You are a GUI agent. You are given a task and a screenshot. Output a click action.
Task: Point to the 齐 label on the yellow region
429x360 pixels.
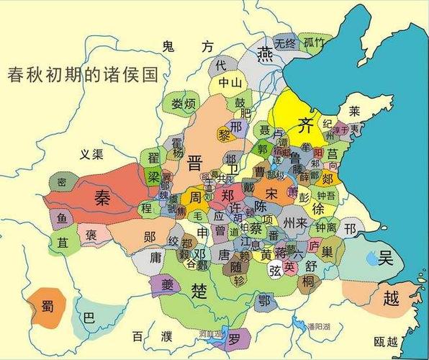click(305, 122)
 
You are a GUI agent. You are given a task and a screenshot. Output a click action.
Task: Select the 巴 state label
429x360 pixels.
click(89, 317)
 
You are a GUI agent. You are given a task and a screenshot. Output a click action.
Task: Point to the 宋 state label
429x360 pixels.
click(271, 194)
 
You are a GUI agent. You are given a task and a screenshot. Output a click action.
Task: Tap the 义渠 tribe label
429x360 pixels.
click(93, 153)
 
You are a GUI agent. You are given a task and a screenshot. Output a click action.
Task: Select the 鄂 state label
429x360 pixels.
click(264, 300)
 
